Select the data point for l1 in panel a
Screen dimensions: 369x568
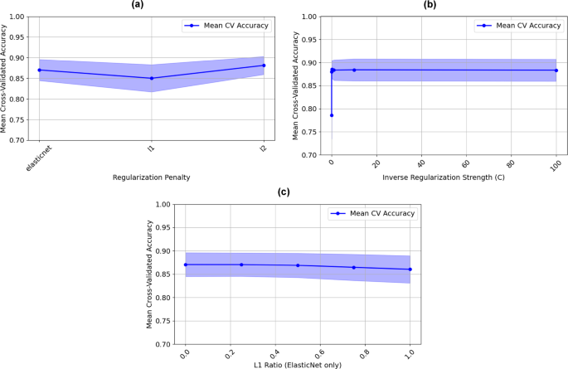[x=151, y=78]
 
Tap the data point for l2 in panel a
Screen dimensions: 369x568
[x=264, y=66]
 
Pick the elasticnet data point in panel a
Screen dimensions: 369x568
[x=39, y=70]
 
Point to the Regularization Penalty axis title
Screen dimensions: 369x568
[x=151, y=177]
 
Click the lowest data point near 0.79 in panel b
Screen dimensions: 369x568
[x=332, y=115]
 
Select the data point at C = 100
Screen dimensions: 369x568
[x=556, y=70]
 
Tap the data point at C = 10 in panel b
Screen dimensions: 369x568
[x=354, y=70]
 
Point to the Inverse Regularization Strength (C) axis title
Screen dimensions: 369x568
[x=444, y=177]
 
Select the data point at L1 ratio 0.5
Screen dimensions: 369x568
[x=298, y=265]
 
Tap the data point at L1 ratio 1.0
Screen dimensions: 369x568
[x=410, y=269]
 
